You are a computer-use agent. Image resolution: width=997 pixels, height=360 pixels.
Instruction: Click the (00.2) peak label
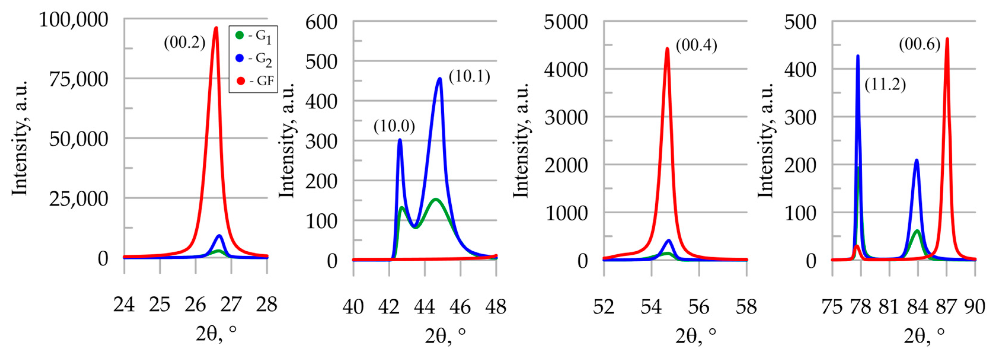tap(184, 43)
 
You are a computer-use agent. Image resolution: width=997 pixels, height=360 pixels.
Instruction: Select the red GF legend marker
tap(240, 81)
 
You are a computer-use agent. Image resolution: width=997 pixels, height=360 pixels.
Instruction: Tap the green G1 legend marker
tap(239, 35)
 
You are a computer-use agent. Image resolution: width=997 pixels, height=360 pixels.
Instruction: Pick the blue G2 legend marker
tap(239, 58)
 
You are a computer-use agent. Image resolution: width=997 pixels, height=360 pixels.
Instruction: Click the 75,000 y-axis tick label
tap(79, 79)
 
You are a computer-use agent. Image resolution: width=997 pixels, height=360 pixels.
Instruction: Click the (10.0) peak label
tap(394, 126)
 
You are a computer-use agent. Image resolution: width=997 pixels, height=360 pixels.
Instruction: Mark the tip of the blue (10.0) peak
tap(400, 140)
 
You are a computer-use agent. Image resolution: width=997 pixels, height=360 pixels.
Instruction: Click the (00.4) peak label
tap(696, 45)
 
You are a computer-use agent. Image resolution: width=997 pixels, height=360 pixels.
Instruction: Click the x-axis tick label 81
tap(888, 307)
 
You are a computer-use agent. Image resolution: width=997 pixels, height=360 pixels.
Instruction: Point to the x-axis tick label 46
tap(460, 307)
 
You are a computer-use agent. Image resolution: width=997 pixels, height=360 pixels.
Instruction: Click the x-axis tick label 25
tap(159, 305)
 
